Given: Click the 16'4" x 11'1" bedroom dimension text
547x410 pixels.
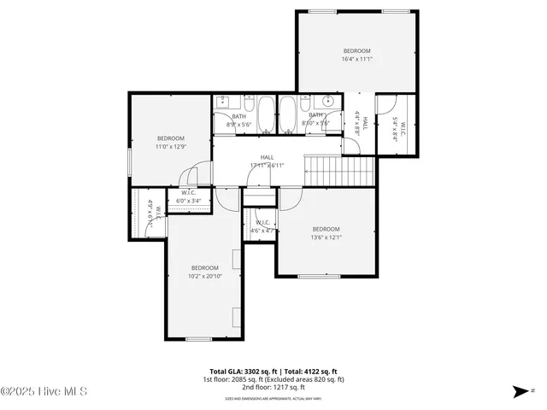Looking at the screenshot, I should [356, 59].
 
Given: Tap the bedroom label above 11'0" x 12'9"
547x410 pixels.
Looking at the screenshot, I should [170, 138].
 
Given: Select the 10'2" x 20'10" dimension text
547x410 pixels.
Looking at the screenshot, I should [205, 277].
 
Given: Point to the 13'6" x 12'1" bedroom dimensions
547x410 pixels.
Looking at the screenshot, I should [326, 237].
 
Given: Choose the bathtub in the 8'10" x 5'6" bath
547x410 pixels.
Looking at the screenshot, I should [287, 115].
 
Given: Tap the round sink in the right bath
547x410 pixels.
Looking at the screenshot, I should [327, 102].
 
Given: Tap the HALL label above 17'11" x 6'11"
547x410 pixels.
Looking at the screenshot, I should [268, 157].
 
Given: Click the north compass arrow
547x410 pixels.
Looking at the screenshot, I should [519, 391].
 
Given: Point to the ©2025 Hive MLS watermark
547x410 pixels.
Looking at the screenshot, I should [44, 392].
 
